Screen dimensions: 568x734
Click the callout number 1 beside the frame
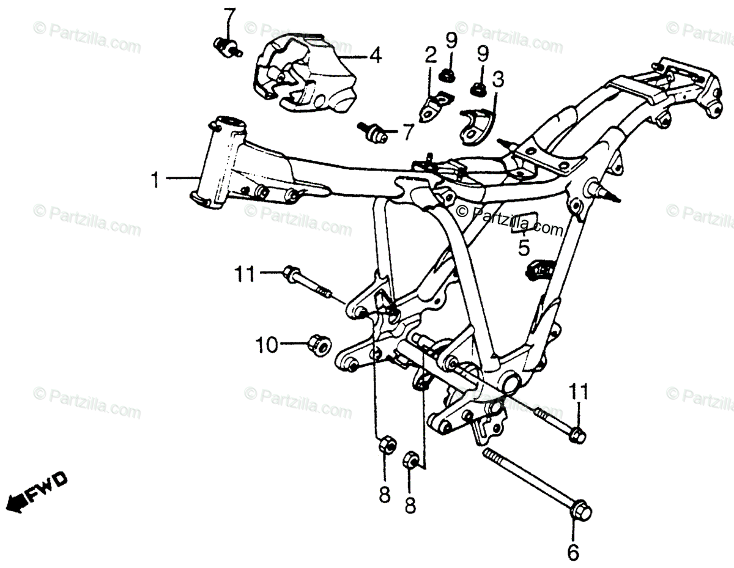tap(155, 179)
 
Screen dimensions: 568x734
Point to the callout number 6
tap(573, 552)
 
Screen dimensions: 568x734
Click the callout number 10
tap(267, 345)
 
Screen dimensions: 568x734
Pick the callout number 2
tap(431, 56)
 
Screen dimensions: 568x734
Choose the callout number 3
tap(498, 79)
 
